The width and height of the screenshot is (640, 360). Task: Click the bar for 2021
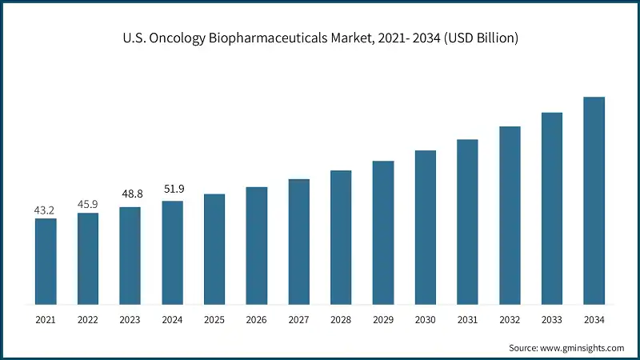pos(46,262)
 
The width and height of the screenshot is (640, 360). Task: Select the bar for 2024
pos(172,253)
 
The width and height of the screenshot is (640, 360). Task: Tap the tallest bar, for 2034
pos(594,201)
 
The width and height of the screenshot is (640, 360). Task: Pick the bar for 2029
pos(383,233)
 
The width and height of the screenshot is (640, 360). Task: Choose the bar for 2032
pos(510,215)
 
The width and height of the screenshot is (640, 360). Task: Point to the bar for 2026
pos(257,246)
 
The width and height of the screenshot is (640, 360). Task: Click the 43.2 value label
pos(46,210)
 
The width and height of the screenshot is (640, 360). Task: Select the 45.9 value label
pos(88,204)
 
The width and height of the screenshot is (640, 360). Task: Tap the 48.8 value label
pos(130,194)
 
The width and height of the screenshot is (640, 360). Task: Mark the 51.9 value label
pos(172,188)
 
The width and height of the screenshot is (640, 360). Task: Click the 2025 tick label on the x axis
pos(214,319)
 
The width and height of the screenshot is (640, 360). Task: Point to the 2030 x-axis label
pos(425,319)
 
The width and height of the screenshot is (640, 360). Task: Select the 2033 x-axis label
pos(551,319)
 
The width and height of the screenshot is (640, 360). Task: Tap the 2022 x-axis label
pos(88,319)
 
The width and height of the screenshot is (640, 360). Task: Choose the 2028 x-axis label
pos(341,319)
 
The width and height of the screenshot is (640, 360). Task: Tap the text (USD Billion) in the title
pos(480,38)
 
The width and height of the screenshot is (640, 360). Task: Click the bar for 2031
pos(467,222)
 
